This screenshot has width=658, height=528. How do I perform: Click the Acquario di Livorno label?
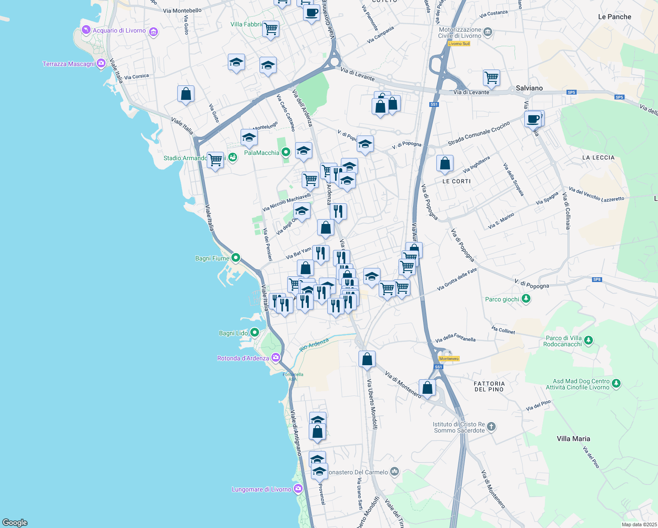(x=119, y=31)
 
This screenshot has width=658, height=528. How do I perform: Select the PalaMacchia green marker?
(x=286, y=153)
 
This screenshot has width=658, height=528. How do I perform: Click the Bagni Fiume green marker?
(x=236, y=258)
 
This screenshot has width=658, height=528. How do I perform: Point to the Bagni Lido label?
(x=234, y=334)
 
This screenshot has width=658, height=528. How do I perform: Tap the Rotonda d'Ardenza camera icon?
(x=276, y=358)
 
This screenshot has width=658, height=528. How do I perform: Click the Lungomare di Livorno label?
(x=262, y=489)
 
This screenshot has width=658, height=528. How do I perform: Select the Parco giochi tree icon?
(x=526, y=299)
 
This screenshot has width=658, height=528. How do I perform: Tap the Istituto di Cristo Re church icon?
(x=491, y=426)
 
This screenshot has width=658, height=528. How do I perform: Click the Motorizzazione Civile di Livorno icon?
(x=487, y=32)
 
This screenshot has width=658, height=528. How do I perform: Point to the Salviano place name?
(x=529, y=88)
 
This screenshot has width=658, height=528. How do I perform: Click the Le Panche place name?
(x=614, y=17)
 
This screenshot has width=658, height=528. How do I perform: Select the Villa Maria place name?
(x=573, y=439)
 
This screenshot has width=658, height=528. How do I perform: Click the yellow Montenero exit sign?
(x=449, y=359)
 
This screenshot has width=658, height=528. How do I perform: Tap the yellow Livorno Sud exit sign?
(x=459, y=44)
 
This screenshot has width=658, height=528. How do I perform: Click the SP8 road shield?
(x=597, y=279)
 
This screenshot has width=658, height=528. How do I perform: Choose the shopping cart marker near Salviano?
(x=491, y=78)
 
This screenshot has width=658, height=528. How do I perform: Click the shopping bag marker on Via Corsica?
(x=186, y=94)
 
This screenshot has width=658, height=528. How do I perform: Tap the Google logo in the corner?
(x=15, y=523)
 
